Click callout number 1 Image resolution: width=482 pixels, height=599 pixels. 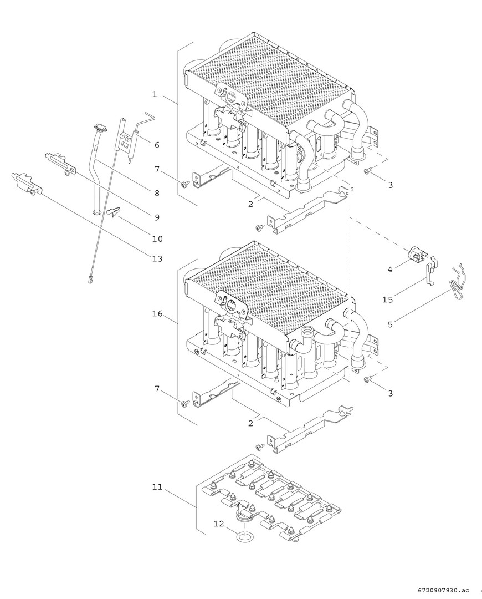pyautogui.click(x=154, y=94)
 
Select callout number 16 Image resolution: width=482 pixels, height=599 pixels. pyautogui.click(x=157, y=313)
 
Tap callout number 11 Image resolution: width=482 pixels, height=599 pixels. pyautogui.click(x=157, y=487)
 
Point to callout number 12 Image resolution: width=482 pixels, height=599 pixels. pyautogui.click(x=219, y=524)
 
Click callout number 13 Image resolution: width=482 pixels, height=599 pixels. pyautogui.click(x=157, y=258)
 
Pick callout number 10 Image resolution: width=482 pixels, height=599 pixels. pyautogui.click(x=157, y=238)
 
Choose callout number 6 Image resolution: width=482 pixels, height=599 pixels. pyautogui.click(x=157, y=145)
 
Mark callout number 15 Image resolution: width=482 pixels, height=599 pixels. pyautogui.click(x=387, y=299)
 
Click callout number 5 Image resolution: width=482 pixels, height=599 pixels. pyautogui.click(x=390, y=324)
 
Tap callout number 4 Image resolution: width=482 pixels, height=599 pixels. pyautogui.click(x=390, y=270)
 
